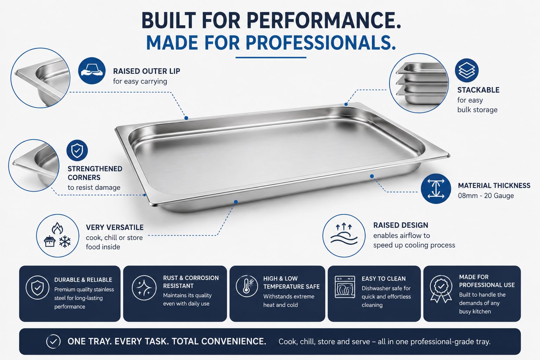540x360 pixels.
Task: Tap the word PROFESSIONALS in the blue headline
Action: pyautogui.click(x=321, y=43)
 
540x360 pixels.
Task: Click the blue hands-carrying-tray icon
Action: pyautogui.click(x=92, y=71)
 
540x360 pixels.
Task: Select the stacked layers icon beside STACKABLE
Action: pyautogui.click(x=467, y=70)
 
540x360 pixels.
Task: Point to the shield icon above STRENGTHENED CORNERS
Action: pyautogui.click(x=77, y=150)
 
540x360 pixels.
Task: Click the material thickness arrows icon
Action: pyautogui.click(x=436, y=188)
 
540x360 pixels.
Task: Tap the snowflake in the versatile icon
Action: pyautogui.click(x=65, y=242)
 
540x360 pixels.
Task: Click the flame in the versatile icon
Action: pyautogui.click(x=57, y=228)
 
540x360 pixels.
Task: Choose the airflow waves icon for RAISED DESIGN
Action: pyautogui.click(x=344, y=236)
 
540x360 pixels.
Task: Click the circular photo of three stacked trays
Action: pyautogui.click(x=419, y=83)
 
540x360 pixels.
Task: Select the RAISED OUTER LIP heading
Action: pyautogui.click(x=147, y=71)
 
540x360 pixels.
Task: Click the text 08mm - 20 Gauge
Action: pyautogui.click(x=486, y=195)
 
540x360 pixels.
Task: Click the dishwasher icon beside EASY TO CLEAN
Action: pyautogui.click(x=345, y=287)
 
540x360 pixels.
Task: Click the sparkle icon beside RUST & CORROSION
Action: pyautogui.click(x=144, y=288)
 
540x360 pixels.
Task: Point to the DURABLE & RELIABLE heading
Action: pyautogui.click(x=83, y=280)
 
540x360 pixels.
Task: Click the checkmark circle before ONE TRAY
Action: pyautogui.click(x=53, y=341)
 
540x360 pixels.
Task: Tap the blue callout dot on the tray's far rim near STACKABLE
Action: pyautogui.click(x=346, y=104)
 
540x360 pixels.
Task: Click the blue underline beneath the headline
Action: pyautogui.click(x=271, y=58)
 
